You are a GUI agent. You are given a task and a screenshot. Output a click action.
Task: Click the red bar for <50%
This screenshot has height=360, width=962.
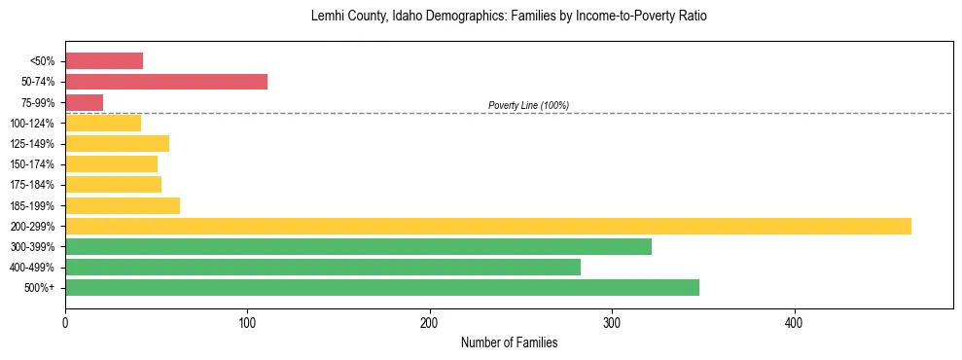pos(104,61)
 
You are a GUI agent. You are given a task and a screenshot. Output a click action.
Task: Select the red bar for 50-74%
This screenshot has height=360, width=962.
pos(165,82)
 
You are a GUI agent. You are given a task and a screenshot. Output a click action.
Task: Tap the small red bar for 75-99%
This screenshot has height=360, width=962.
pos(84,102)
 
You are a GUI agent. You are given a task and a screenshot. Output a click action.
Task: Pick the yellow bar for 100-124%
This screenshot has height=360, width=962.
pos(103,124)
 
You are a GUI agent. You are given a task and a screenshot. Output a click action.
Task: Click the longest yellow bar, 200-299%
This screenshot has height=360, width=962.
pos(487,227)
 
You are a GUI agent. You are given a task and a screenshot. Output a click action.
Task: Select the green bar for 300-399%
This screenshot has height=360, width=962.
pos(358,247)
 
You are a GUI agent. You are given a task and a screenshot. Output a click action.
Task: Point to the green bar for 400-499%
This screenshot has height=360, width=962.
pos(322,268)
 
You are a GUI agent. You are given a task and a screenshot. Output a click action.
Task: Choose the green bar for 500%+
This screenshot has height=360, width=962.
pos(381,288)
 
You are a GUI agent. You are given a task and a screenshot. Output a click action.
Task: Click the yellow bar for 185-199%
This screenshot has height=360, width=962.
pos(123,205)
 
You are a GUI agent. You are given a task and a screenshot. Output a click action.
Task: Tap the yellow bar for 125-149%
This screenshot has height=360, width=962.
pos(117,144)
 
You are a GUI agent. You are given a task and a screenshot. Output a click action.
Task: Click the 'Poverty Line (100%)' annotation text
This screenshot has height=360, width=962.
pos(528,105)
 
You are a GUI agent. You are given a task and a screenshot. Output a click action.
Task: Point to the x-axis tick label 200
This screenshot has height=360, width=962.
pos(430,322)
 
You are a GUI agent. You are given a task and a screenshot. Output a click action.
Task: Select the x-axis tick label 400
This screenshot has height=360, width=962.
pos(794,322)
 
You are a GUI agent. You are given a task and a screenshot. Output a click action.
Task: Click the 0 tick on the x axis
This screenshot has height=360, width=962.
pos(65,322)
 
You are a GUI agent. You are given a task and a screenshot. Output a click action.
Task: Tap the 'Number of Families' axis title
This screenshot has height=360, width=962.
pos(509,342)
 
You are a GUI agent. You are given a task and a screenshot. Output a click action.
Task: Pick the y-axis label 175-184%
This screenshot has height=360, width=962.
pos(32,185)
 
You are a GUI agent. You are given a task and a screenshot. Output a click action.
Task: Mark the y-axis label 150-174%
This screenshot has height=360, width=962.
pos(32,164)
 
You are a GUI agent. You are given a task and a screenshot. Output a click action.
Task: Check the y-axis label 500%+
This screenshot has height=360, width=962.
pos(39,288)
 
